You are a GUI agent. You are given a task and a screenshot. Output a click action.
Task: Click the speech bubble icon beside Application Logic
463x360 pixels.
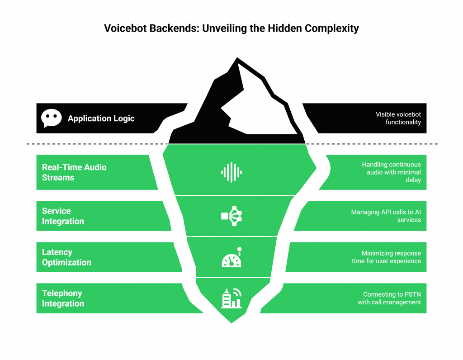pyautogui.click(x=51, y=118)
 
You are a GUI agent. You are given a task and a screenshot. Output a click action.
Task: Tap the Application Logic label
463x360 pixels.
pyautogui.click(x=101, y=118)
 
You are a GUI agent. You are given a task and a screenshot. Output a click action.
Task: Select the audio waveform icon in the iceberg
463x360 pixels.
pyautogui.click(x=231, y=172)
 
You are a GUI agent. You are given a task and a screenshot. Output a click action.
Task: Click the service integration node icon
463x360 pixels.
pyautogui.click(x=231, y=216)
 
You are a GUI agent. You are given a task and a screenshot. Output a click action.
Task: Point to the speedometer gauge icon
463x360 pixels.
pyautogui.click(x=231, y=258)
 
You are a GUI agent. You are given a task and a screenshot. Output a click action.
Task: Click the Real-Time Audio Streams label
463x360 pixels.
pyautogui.click(x=74, y=172)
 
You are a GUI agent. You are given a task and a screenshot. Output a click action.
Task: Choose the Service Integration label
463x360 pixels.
pyautogui.click(x=63, y=216)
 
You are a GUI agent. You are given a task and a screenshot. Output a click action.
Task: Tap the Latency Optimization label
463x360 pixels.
pyautogui.click(x=66, y=257)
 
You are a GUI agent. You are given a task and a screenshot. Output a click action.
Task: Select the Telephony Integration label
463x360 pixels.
pyautogui.click(x=63, y=298)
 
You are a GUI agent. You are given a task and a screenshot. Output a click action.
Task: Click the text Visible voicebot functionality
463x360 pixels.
pyautogui.click(x=398, y=118)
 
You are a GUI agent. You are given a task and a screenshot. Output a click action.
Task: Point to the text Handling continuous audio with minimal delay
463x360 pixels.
pyautogui.click(x=392, y=172)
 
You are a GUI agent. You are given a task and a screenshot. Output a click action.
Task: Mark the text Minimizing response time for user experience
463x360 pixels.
pyautogui.click(x=387, y=257)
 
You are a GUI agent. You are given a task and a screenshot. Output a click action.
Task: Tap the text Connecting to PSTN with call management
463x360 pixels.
pyautogui.click(x=389, y=298)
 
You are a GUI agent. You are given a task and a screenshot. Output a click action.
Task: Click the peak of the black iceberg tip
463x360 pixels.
pyautogui.click(x=236, y=57)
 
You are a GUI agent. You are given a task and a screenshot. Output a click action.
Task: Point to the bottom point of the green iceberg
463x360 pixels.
pyautogui.click(x=231, y=323)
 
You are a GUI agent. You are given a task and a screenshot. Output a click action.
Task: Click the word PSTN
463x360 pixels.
pyautogui.click(x=412, y=294)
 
